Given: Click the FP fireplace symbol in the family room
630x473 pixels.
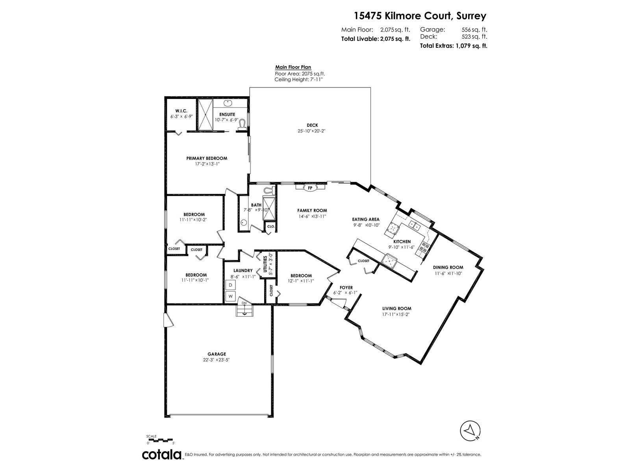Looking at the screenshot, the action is coord(310,188).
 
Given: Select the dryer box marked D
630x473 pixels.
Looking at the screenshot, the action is coord(230,285).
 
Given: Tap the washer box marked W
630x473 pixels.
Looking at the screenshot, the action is coord(230,296).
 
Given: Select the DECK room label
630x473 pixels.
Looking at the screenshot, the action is coord(312,125).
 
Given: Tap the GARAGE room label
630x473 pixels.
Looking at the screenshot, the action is coord(217,354).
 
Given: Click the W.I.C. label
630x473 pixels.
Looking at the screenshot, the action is coord(181,111).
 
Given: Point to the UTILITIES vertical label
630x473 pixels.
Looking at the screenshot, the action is coord(265,264).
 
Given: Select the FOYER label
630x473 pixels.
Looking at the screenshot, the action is coord(346,287).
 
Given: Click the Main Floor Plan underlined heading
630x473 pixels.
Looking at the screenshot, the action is coord(293,67).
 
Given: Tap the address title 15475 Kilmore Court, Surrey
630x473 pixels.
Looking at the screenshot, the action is coord(420,16).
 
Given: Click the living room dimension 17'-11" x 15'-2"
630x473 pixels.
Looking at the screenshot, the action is coord(395,314).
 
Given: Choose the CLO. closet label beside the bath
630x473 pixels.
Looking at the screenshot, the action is coord(271,226).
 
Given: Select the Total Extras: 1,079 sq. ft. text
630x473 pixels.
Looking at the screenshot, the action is coord(454,46).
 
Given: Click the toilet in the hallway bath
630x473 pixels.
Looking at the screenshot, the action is coord(269,190).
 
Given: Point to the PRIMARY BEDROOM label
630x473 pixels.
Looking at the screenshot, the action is coord(207,158).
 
